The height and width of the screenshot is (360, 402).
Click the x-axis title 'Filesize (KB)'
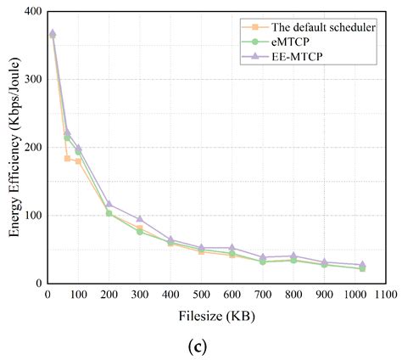click(x=215, y=315)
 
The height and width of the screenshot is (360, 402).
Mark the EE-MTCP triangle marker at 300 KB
click(x=140, y=219)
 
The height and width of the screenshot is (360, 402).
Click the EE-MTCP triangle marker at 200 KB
click(x=109, y=204)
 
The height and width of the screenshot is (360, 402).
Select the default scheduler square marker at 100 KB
click(x=78, y=161)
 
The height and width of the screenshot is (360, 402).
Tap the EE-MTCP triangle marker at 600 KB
click(x=232, y=248)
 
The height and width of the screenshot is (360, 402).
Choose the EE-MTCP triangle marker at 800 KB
click(x=293, y=256)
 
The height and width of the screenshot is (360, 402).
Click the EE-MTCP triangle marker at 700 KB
click(x=263, y=257)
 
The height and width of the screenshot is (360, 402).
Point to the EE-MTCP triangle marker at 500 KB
click(x=201, y=248)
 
